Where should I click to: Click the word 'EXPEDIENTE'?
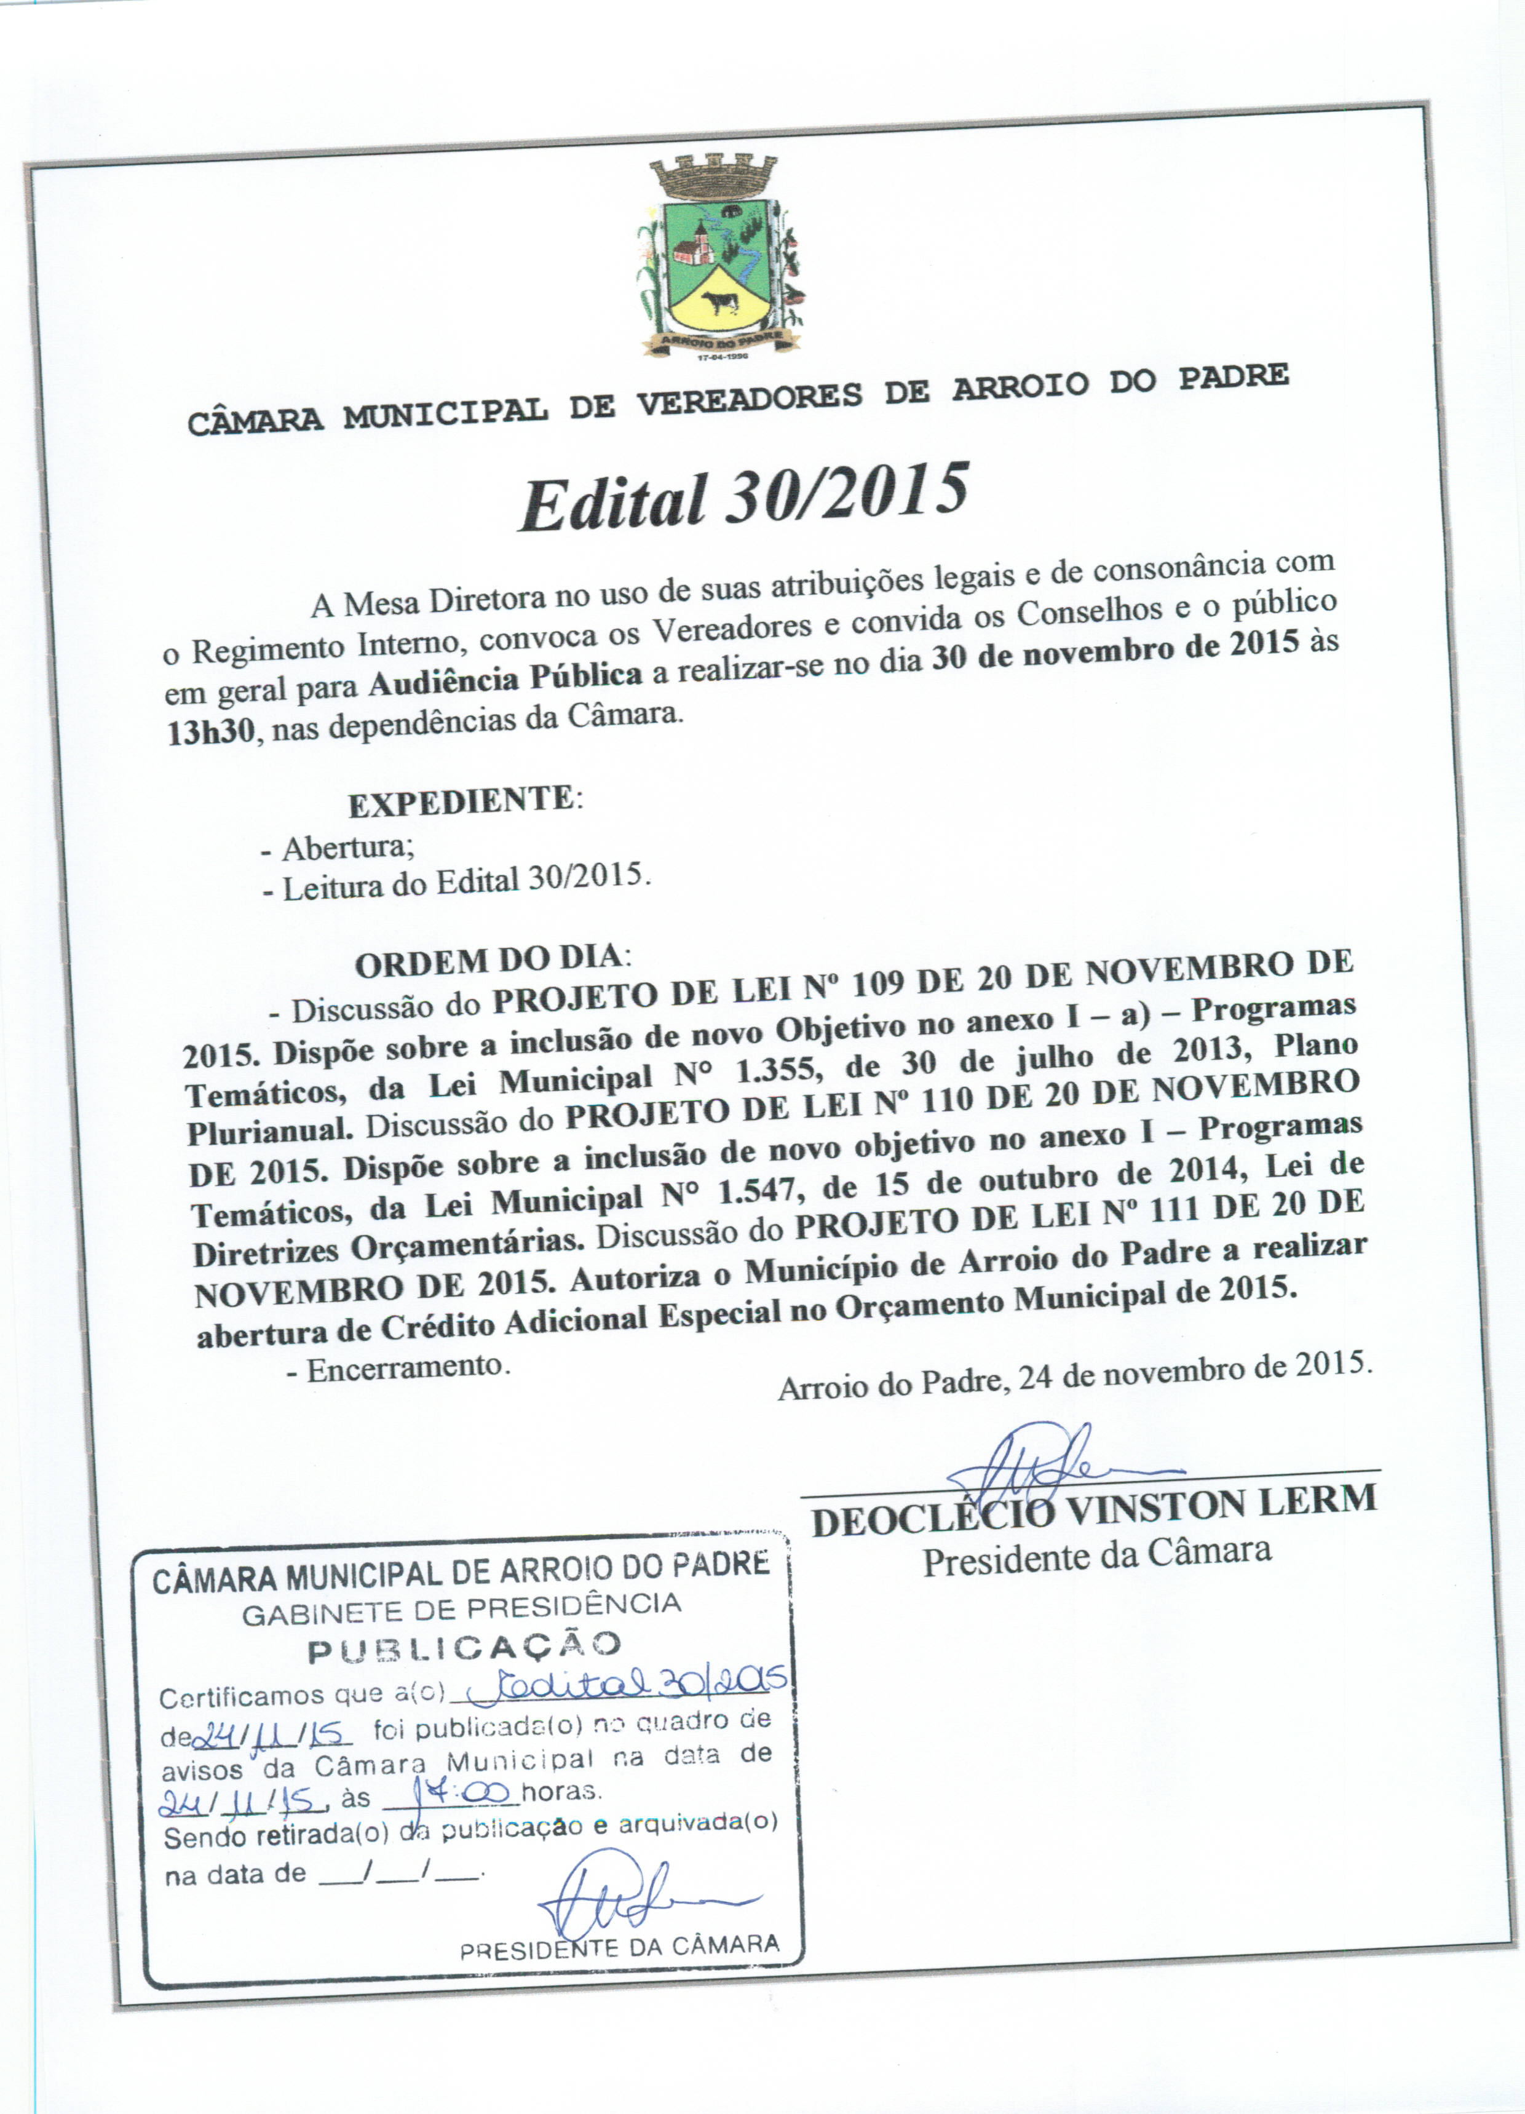pos(461,803)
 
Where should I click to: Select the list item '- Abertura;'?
pos(338,848)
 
